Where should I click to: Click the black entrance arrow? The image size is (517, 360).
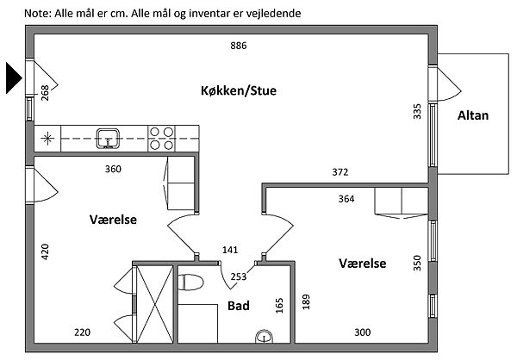(x=13, y=78)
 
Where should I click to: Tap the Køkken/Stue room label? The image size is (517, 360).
(x=239, y=90)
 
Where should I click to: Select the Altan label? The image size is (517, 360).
(x=473, y=115)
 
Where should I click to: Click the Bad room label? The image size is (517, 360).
(x=239, y=306)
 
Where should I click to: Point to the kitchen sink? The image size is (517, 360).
(x=108, y=138)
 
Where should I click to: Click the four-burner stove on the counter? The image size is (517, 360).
(x=162, y=139)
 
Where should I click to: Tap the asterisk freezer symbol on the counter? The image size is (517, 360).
(x=47, y=138)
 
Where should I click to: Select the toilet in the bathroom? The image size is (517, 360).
(x=190, y=282)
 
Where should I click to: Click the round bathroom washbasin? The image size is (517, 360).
(x=265, y=336)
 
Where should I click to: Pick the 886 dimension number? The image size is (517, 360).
(x=239, y=46)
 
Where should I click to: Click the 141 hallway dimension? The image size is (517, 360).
(x=230, y=250)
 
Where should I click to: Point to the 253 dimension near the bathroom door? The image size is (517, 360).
(x=239, y=276)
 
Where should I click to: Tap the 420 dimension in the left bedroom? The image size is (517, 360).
(x=45, y=251)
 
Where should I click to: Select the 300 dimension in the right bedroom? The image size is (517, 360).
(x=363, y=332)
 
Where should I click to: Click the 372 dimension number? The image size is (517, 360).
(x=340, y=172)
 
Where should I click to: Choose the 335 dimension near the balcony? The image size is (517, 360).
(x=417, y=111)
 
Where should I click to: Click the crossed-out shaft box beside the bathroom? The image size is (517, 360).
(x=154, y=304)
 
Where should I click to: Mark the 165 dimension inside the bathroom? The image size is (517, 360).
(x=279, y=305)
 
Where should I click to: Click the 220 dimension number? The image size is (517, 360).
(x=82, y=332)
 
